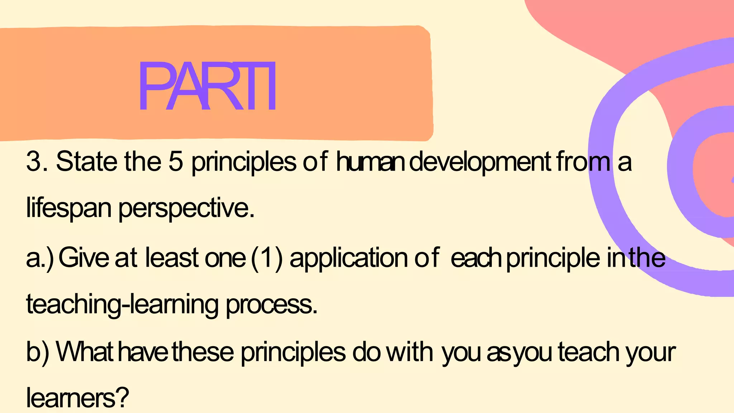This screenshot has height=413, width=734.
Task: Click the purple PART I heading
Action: pyautogui.click(x=207, y=86)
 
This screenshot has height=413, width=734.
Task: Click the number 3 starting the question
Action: pyautogui.click(x=34, y=162)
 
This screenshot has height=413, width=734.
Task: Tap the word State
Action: pyautogui.click(x=86, y=162)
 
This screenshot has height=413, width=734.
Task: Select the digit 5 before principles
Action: pyautogui.click(x=175, y=162)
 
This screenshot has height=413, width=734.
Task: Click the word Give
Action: pyautogui.click(x=84, y=258)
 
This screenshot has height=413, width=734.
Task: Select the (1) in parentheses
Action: pyautogui.click(x=267, y=258)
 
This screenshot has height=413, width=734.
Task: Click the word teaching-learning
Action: pyautogui.click(x=122, y=305)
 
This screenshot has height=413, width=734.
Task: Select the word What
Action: pyautogui.click(x=85, y=352)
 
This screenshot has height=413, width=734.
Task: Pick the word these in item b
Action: pyautogui.click(x=203, y=352)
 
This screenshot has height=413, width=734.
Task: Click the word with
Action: pyautogui.click(x=409, y=352)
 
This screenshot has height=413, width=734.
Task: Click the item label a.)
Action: pyautogui.click(x=40, y=258)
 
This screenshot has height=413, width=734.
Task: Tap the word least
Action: pyautogui.click(x=172, y=258)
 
